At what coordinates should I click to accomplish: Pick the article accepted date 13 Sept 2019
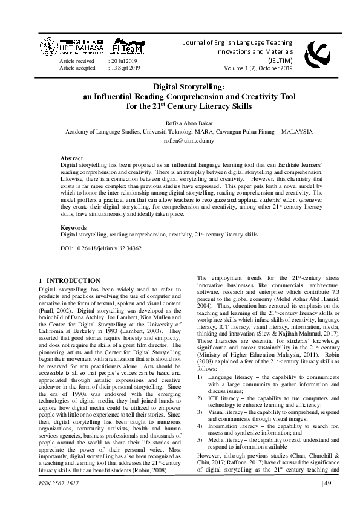coord(125,68)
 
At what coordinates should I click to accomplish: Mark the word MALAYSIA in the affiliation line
coord(293,131)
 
